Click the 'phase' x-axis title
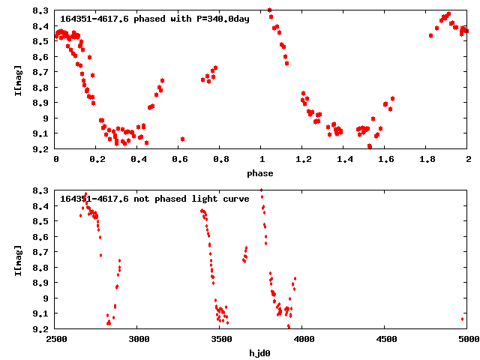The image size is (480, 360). (x=262, y=173)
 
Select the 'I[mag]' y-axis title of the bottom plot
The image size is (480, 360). (x=18, y=259)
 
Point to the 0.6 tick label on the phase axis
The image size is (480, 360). (x=179, y=160)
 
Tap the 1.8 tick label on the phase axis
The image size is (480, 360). (x=427, y=160)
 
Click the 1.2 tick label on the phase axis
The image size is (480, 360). (x=303, y=160)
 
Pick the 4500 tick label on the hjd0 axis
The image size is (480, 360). (x=385, y=340)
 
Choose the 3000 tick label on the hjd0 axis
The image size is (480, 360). (x=138, y=340)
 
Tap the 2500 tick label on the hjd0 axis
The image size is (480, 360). (x=56, y=340)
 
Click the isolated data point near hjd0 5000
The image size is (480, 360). (x=462, y=319)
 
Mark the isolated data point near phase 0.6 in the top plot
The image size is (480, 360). (x=182, y=139)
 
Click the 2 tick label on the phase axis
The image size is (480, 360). (x=468, y=160)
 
